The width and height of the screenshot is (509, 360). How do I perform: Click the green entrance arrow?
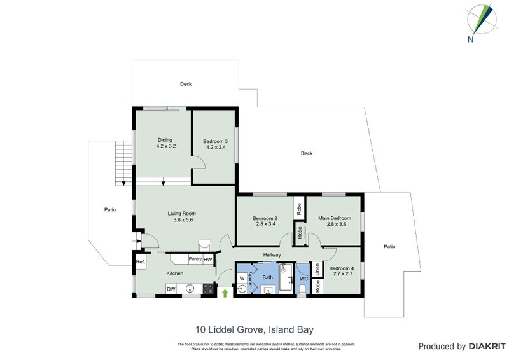pos(224,293)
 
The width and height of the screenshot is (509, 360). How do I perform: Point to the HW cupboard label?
pos(208,259)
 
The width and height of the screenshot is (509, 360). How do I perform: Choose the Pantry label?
pos(195,259)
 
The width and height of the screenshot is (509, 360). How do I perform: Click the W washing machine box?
pos(242,278)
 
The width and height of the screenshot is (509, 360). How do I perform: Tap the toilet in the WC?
pos(303,289)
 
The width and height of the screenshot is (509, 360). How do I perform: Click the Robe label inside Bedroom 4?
pos(316,287)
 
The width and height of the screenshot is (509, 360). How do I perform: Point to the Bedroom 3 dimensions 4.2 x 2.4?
pos(214,147)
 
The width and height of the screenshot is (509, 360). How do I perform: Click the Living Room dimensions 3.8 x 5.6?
pos(182,220)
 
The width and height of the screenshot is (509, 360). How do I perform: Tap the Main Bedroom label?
pos(334,218)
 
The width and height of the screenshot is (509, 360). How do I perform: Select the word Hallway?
pos(272,255)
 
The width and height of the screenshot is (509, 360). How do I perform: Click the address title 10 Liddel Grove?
pos(254,329)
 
